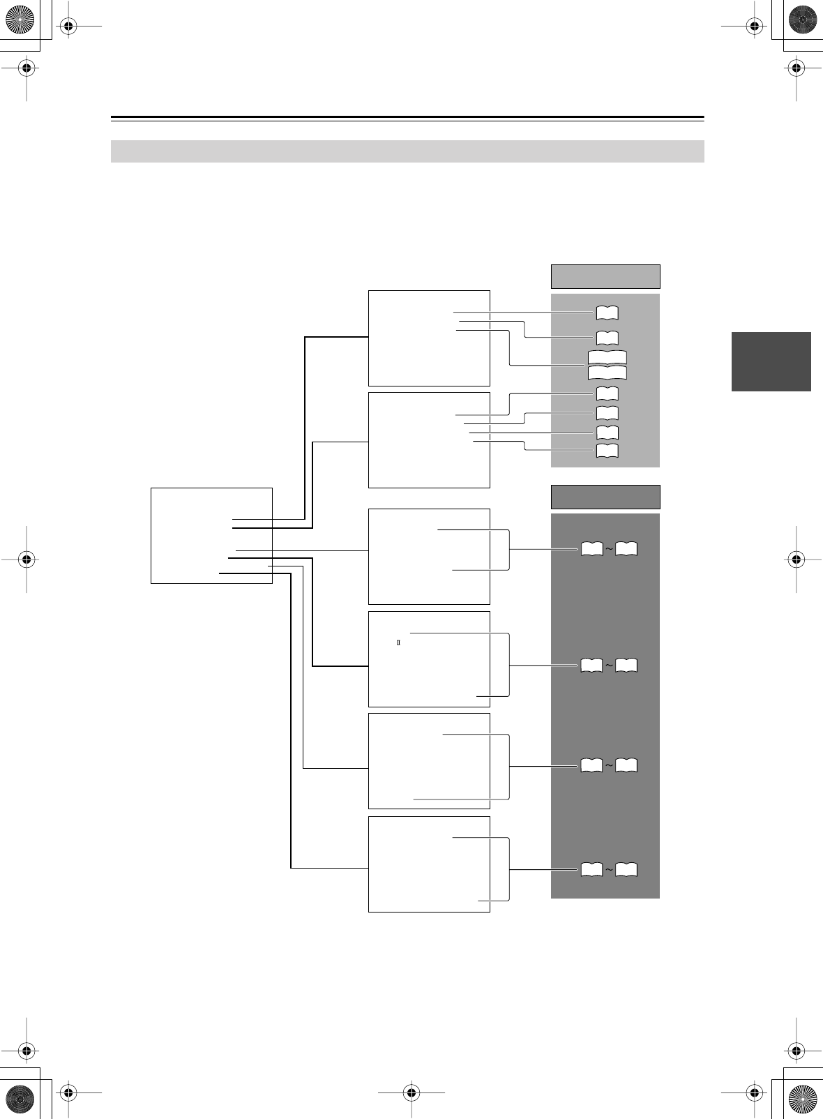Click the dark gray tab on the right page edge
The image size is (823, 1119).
771,361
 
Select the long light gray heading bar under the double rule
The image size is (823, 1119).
407,151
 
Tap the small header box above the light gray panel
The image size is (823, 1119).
605,276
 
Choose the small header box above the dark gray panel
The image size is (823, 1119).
605,497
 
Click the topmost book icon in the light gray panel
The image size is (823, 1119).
607,313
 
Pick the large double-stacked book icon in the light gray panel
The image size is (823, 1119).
607,365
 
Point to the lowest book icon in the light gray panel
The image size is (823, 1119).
607,450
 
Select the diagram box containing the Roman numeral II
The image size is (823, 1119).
429,659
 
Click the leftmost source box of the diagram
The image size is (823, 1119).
211,535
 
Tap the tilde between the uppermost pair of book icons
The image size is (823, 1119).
609,550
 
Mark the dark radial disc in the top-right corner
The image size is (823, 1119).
802,20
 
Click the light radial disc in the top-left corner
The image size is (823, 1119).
20,20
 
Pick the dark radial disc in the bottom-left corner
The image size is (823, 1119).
20,1099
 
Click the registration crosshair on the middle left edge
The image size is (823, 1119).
27,559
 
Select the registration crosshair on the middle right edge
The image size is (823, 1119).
796,559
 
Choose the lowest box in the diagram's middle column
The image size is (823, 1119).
429,864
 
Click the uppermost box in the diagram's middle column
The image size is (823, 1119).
429,338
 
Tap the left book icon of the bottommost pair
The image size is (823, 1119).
591,870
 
